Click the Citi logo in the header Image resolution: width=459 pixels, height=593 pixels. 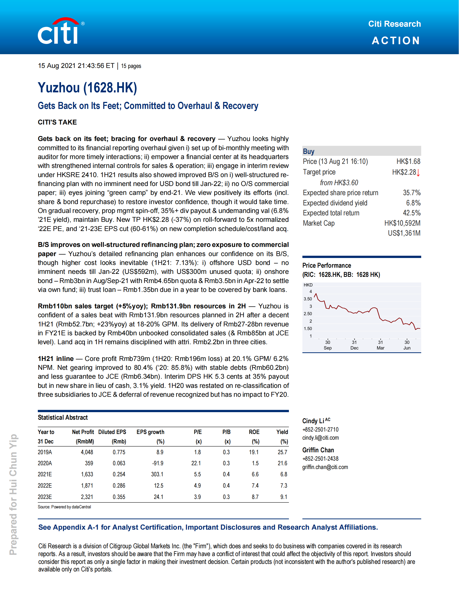[60, 31]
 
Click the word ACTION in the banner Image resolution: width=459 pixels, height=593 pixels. [396, 41]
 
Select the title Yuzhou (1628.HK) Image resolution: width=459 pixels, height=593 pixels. [87, 88]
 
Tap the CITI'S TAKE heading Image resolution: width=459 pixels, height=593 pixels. [57, 122]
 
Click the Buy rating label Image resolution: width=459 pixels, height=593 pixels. [309, 151]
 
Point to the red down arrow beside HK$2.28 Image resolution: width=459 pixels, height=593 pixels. [418, 173]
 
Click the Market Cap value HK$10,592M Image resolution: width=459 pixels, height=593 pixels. [402, 223]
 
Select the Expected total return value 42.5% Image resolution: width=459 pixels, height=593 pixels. [411, 213]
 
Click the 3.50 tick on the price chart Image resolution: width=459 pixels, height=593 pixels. [308, 299]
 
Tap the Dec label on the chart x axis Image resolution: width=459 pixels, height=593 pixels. [354, 348]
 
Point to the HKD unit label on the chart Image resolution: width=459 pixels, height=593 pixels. [308, 285]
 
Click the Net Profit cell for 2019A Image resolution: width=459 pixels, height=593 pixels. [87, 452]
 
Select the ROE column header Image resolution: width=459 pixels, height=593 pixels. [254, 432]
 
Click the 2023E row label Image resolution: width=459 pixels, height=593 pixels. [45, 497]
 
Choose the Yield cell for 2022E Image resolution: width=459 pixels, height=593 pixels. [283, 485]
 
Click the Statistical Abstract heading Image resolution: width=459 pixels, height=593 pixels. [63, 418]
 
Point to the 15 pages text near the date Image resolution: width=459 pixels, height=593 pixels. [131, 66]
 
